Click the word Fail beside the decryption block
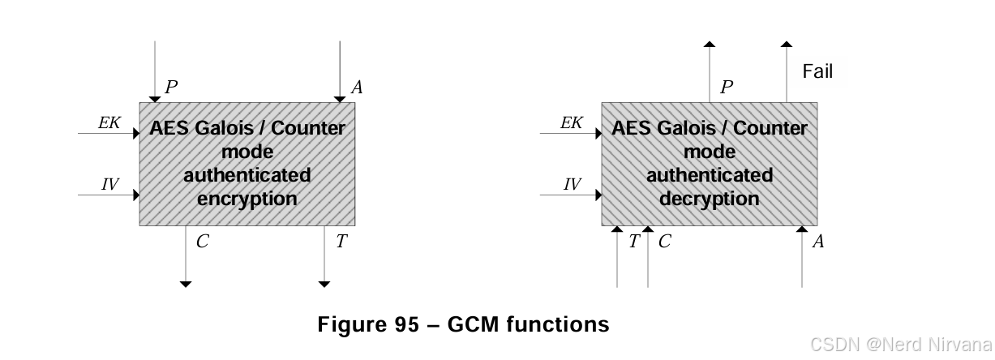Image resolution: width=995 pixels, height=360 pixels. (817, 71)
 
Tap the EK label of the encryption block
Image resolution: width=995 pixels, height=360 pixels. (109, 122)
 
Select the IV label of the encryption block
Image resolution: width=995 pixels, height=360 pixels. (109, 185)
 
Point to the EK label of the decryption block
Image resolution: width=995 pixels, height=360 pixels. (572, 122)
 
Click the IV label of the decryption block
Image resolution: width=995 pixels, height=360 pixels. (572, 185)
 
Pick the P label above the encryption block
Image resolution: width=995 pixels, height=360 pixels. (171, 87)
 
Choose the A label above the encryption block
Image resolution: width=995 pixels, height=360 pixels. (356, 87)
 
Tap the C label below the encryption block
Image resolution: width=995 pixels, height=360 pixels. (202, 241)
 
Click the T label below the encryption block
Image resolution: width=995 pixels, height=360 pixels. (341, 241)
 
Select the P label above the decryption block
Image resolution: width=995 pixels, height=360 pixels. (727, 87)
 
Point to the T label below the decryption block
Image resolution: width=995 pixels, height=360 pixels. (633, 241)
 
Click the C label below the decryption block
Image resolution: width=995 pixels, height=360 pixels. (664, 241)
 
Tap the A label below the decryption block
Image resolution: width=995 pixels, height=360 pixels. (818, 241)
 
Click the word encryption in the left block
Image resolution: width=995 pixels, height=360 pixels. (247, 199)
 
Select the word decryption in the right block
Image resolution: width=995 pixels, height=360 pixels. (710, 199)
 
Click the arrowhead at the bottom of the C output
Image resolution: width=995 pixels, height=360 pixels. (186, 284)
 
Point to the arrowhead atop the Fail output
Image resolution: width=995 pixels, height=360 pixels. (786, 44)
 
